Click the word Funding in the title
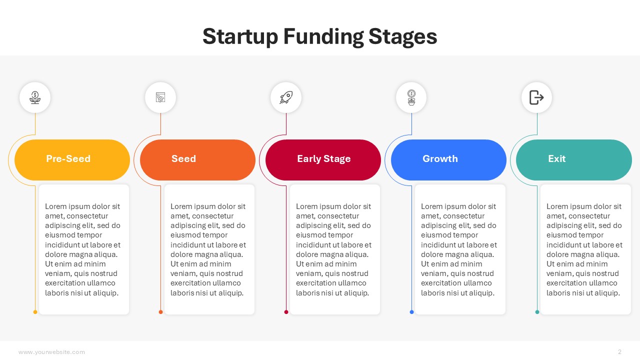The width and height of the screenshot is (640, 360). pyautogui.click(x=323, y=37)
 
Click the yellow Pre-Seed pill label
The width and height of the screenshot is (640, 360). pyautogui.click(x=72, y=159)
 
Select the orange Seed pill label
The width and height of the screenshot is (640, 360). pyautogui.click(x=197, y=159)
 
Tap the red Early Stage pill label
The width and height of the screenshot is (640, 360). pyautogui.click(x=323, y=159)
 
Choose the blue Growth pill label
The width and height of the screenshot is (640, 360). pyautogui.click(x=448, y=159)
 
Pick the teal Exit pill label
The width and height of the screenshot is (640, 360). pyautogui.click(x=573, y=159)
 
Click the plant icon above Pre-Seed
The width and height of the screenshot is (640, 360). pyautogui.click(x=35, y=97)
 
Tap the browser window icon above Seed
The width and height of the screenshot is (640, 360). pyautogui.click(x=160, y=97)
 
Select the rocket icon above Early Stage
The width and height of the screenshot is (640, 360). pyautogui.click(x=286, y=97)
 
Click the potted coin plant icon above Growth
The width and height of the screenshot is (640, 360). pyautogui.click(x=411, y=97)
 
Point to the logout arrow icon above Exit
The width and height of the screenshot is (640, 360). pyautogui.click(x=536, y=97)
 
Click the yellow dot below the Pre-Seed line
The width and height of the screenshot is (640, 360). pyautogui.click(x=35, y=312)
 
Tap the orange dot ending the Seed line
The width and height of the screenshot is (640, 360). pyautogui.click(x=160, y=312)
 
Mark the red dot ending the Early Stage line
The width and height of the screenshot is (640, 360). pyautogui.click(x=286, y=312)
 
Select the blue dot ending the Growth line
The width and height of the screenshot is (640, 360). pyautogui.click(x=411, y=312)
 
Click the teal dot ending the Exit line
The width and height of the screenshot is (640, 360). pyautogui.click(x=537, y=312)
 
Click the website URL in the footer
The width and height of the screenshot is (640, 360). pyautogui.click(x=51, y=352)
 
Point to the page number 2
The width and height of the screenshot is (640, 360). pyautogui.click(x=619, y=351)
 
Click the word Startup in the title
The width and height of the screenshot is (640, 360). pyautogui.click(x=240, y=37)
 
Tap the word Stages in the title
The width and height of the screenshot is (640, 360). pyautogui.click(x=403, y=37)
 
